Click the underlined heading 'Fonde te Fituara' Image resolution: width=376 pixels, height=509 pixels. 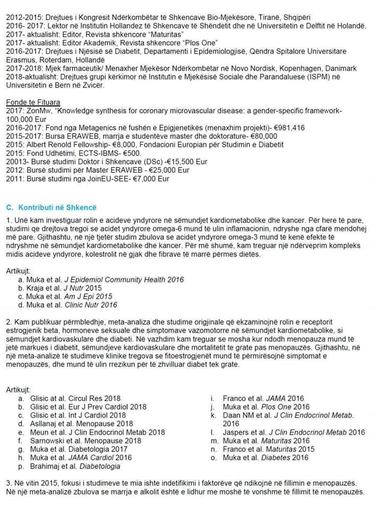click(x=33, y=102)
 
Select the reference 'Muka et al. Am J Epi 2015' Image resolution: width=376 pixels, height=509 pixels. click(x=73, y=296)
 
